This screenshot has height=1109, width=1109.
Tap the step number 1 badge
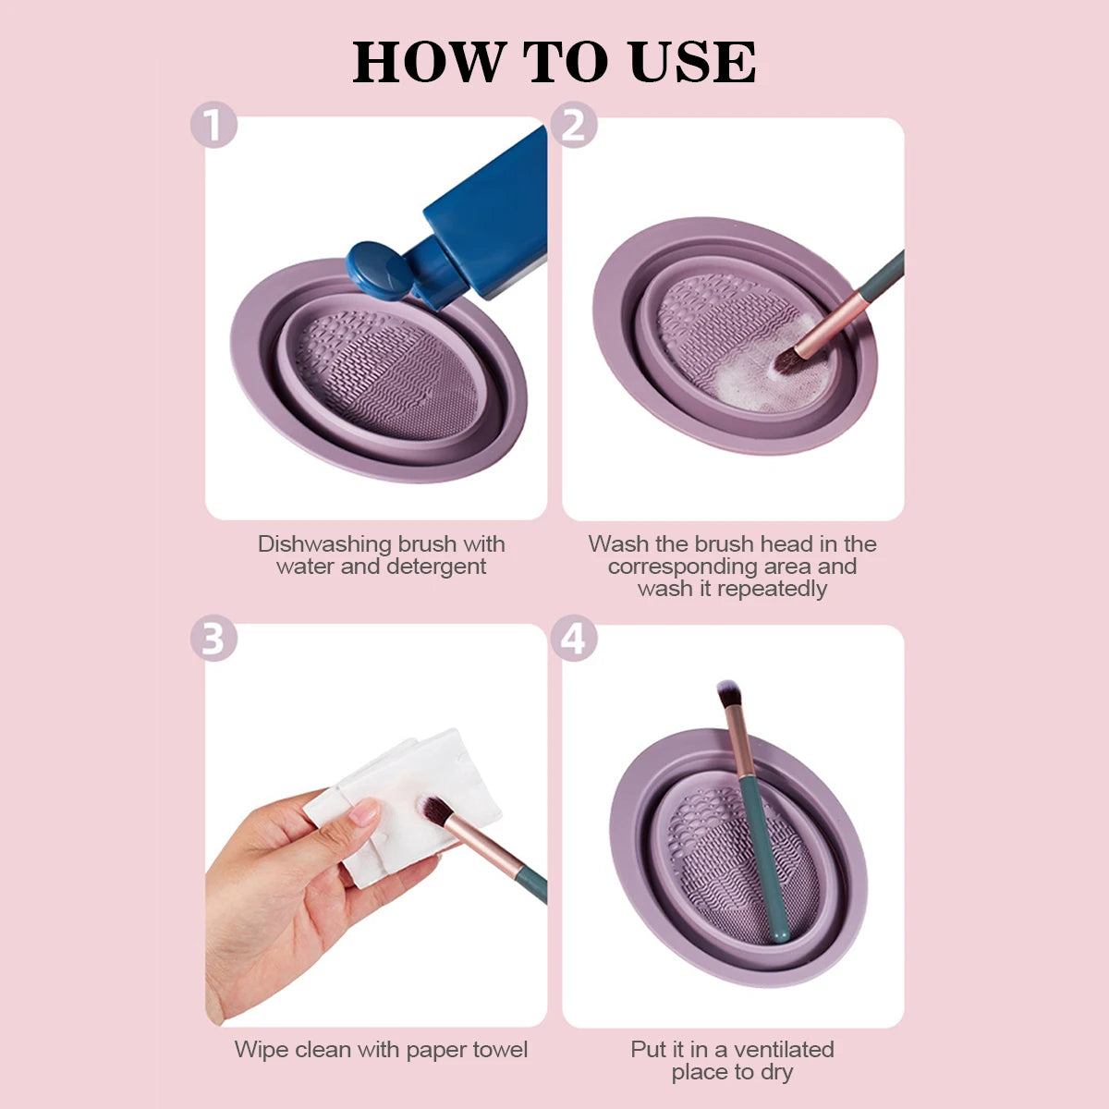pos(213,126)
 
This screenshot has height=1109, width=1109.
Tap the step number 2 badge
pos(574,126)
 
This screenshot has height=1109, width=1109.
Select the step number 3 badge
pos(213,640)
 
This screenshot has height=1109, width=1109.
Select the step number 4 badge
pos(574,640)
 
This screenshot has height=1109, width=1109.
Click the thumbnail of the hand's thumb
pos(365,812)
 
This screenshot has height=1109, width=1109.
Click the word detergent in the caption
pos(436,567)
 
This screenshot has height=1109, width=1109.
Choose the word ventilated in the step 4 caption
pos(782,1050)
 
